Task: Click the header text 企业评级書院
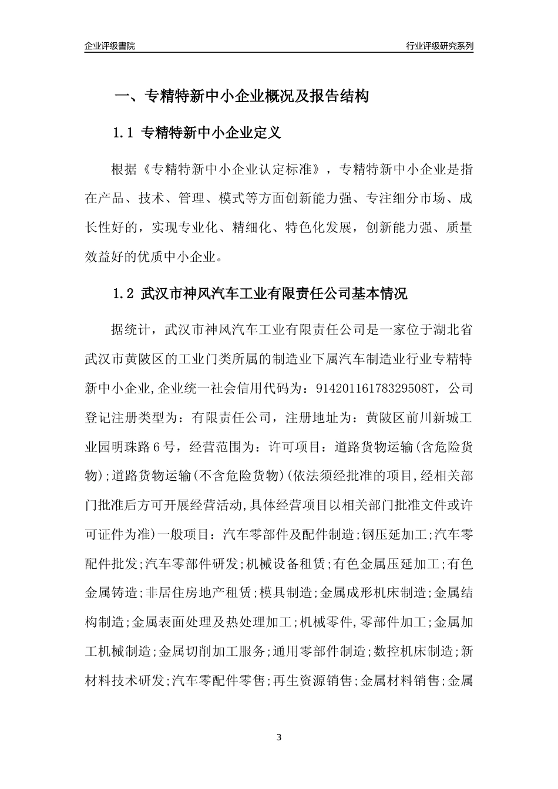point(110,46)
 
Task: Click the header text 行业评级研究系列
point(439,46)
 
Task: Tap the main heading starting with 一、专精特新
point(241,96)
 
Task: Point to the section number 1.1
point(124,133)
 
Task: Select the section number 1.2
point(124,294)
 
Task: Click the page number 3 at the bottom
point(279,737)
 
